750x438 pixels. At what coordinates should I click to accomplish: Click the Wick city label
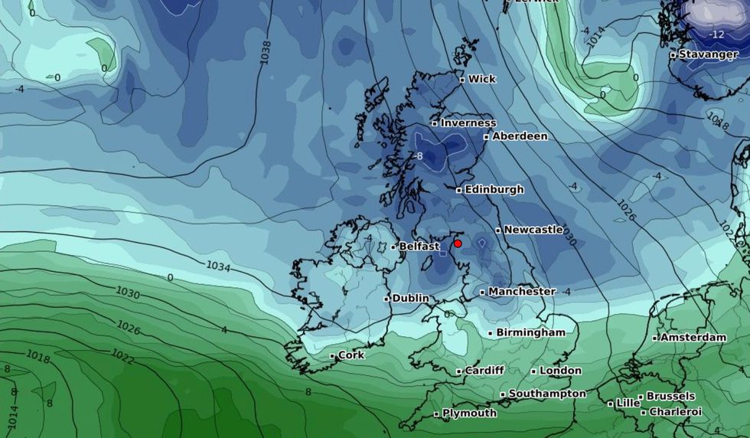pos(481,79)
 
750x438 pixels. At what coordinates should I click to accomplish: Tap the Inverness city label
pos(468,123)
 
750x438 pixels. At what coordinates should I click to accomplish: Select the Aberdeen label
pos(520,136)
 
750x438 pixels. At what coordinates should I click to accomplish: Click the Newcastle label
pos(533,230)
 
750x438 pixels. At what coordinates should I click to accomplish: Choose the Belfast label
pos(419,247)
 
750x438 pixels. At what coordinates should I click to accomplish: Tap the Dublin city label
pos(409,298)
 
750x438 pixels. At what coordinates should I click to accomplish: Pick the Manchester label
pos(521,292)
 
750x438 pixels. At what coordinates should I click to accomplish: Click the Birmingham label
pos(530,332)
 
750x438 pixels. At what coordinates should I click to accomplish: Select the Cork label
pos(351,355)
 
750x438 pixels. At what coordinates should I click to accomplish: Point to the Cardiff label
pos(484,371)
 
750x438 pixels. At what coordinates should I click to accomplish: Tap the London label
pos(560,371)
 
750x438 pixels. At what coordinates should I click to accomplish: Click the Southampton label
pos(546,394)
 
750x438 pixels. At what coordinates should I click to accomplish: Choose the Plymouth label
pos(469,413)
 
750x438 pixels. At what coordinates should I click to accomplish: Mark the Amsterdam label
pos(693,338)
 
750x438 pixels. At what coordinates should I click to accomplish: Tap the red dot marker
pos(458,244)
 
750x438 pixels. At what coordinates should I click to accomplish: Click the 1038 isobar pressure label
pos(266,51)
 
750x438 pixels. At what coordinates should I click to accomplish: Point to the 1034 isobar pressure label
pos(218,266)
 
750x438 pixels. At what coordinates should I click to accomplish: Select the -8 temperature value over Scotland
pos(418,156)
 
